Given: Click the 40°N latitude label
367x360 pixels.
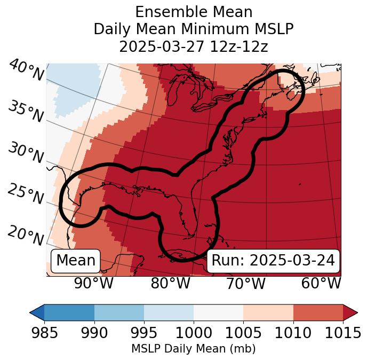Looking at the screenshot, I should click(26, 71).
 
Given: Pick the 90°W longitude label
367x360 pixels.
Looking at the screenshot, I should click(93, 283).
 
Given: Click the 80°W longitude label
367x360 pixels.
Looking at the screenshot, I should click(171, 283).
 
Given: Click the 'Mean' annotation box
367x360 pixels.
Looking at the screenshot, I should click(76, 261).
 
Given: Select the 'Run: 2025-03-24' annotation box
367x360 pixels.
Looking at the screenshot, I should click(273, 261).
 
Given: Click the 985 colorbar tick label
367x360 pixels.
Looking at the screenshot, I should click(44, 333).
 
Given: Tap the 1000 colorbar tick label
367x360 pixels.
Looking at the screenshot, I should click(194, 333).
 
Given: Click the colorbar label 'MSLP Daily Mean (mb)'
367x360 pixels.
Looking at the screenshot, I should click(193, 349).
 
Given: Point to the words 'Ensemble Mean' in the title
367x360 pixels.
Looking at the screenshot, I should click(194, 12).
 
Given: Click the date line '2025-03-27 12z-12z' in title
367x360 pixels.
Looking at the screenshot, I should click(194, 46).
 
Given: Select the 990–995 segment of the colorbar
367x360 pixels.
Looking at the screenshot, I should click(119, 312).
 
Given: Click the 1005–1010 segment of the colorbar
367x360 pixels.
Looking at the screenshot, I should click(268, 312).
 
